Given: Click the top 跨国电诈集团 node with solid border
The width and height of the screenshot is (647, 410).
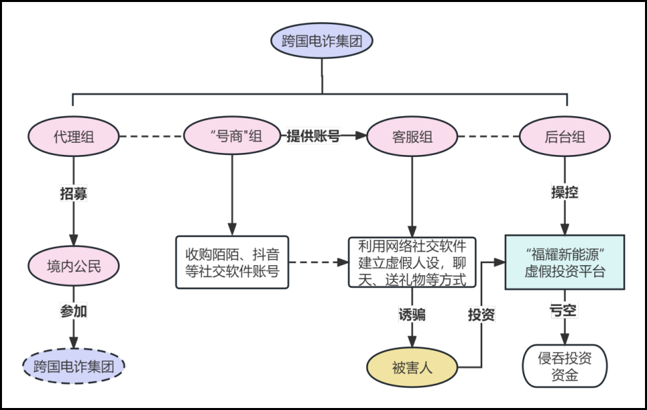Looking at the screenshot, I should pos(321,41).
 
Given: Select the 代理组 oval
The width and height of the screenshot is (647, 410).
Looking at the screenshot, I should pos(73,137).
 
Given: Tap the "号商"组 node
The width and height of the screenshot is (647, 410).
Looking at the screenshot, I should pos(232,137).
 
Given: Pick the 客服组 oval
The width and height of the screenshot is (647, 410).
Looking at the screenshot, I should pos(412,137).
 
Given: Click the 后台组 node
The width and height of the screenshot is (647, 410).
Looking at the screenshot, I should pos(565,137).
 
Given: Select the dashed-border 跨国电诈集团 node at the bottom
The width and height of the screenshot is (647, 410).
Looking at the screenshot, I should pos(73,366).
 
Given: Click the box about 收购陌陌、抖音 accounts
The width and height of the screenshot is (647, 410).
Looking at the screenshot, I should pos(232,262).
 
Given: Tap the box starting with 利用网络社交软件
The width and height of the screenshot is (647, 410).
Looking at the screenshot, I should pos(412,262).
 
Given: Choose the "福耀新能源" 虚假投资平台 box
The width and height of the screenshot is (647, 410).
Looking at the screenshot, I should pos(565,262).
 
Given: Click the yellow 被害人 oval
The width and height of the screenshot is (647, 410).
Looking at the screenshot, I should pos(412,367).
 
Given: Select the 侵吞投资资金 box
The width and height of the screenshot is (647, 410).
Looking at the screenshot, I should pos(565,366).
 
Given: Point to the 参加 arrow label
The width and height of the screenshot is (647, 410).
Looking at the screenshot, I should pos(73,311).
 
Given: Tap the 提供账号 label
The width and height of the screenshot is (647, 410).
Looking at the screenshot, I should pos(313,136).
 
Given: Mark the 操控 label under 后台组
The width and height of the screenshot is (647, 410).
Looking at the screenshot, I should pos(565,192).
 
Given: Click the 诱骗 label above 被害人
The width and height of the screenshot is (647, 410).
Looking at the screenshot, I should pos(412,315).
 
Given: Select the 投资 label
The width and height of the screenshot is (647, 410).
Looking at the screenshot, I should pos(481,315).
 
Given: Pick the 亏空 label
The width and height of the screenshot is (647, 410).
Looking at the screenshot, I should pos(565,311).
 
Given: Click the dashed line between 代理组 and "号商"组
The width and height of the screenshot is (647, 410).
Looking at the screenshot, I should pos(150,137).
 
